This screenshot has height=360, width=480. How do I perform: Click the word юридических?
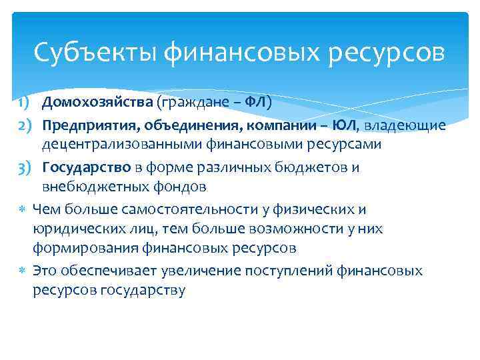74,229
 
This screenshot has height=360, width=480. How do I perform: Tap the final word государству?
142,290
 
